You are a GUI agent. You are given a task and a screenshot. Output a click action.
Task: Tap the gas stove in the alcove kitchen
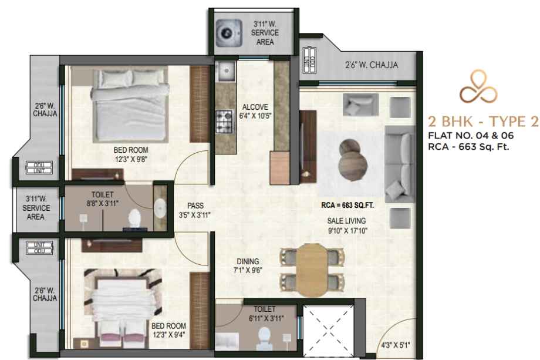point(224,122)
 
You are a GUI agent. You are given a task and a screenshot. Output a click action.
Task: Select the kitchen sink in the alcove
point(226,71)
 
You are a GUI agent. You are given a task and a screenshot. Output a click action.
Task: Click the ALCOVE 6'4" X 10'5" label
point(255,111)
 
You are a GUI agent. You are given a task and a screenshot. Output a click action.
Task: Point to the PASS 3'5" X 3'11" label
point(195,210)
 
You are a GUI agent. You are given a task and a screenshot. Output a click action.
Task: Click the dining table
point(312,270)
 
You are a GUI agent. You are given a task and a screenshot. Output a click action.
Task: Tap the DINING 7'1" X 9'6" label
point(248,265)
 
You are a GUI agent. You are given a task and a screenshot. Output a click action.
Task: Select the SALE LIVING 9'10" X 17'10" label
point(346,226)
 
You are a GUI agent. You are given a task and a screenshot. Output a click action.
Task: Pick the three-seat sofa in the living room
point(400,164)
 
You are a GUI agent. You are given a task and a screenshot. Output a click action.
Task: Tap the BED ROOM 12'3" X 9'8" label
point(131,154)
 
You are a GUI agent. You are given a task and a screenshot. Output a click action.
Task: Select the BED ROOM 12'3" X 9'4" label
point(169,330)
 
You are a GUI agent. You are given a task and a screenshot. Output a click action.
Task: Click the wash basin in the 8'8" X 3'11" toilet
point(160,208)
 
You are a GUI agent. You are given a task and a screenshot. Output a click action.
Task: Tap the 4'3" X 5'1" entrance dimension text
point(396,345)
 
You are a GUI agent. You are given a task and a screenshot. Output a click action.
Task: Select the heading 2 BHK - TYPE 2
point(483,121)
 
